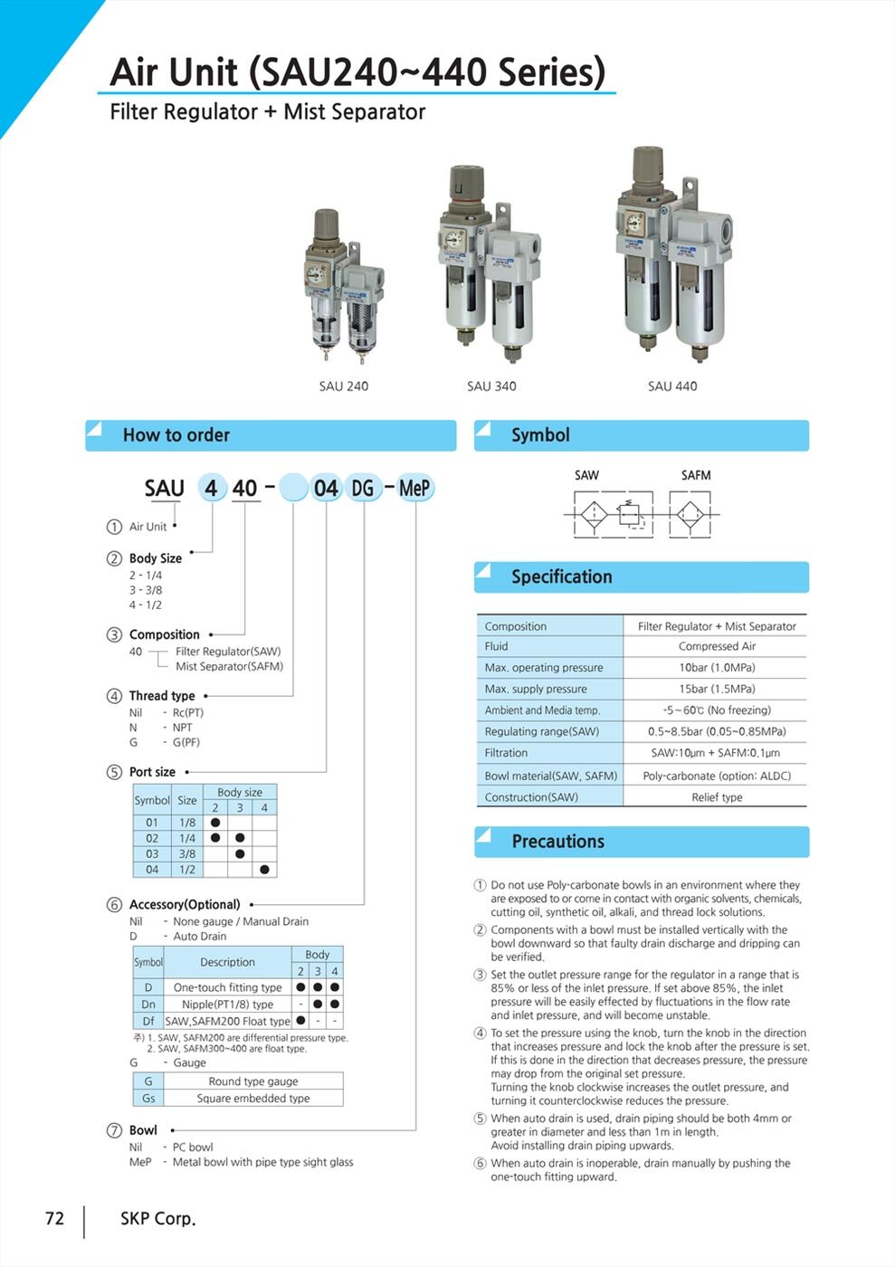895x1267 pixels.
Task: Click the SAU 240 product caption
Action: (343, 386)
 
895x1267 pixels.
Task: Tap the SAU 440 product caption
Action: (672, 386)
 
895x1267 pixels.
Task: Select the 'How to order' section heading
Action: (176, 435)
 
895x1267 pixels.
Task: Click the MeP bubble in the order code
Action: (414, 489)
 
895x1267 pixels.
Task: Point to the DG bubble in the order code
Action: (363, 489)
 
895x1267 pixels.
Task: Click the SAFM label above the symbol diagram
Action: (696, 475)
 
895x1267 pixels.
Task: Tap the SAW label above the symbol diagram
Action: (586, 475)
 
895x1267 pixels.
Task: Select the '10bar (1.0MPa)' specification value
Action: (717, 668)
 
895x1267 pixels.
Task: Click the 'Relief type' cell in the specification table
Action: (717, 797)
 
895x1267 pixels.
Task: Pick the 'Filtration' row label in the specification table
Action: (506, 753)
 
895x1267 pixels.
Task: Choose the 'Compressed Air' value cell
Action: (717, 646)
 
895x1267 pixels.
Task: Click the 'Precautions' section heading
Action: (557, 842)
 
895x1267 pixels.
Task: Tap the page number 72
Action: (55, 1219)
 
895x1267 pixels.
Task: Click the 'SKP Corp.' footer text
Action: (158, 1219)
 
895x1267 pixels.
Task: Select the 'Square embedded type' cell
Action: (253, 1099)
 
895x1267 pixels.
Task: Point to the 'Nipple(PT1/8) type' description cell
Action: (227, 1005)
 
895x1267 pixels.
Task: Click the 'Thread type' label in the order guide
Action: (162, 696)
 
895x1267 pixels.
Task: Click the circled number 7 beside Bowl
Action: (115, 1130)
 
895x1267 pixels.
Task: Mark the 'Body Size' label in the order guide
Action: (156, 558)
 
